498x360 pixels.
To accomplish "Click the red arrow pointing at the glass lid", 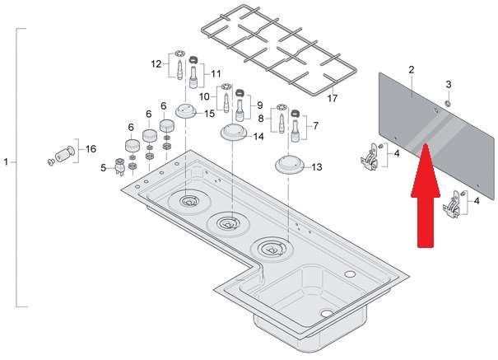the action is point(426,195).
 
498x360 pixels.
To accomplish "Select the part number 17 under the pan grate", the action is point(333,98).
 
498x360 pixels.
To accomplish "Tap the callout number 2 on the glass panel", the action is point(412,69).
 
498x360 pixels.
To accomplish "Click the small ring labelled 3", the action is point(448,103).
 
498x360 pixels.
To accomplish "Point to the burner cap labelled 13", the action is point(290,165).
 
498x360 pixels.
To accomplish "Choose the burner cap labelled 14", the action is point(234,133).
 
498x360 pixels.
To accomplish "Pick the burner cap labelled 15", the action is point(186,112).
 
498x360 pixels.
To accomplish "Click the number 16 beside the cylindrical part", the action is point(91,149).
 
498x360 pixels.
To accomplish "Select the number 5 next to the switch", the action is point(103,168).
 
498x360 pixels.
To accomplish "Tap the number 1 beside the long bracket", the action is point(6,162).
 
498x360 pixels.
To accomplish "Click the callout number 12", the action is point(156,64).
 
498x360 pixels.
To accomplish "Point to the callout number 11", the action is point(216,74).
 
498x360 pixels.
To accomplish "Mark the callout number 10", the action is point(204,96).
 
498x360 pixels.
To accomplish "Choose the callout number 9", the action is point(260,105).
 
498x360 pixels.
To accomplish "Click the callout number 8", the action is point(261,119).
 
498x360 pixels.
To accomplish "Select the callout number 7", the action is point(315,126).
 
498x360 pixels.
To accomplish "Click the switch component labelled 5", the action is point(120,166).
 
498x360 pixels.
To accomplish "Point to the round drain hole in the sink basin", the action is point(327,314).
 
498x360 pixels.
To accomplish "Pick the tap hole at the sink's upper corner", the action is point(350,274).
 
